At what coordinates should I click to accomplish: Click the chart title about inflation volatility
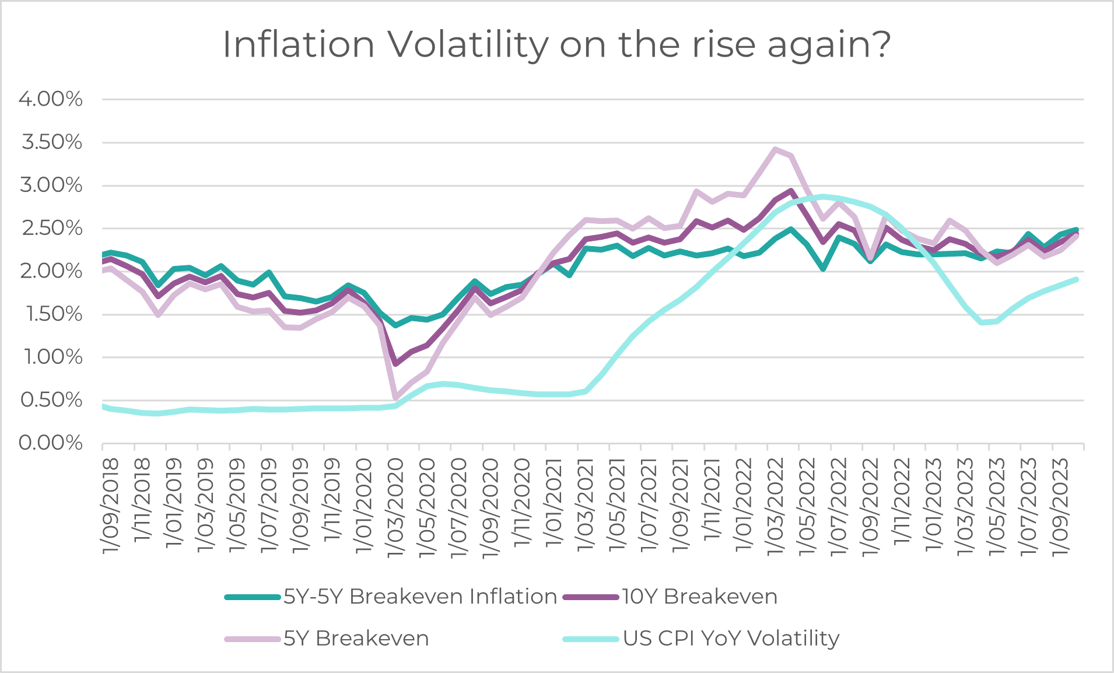pos(557,44)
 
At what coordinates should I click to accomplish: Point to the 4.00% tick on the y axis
pos(51,99)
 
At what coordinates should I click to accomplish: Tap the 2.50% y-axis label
pos(51,228)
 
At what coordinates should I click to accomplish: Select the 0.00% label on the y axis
pos(51,443)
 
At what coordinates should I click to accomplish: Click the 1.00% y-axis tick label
pos(51,357)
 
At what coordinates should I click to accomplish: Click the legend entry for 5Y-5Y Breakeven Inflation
pos(420,597)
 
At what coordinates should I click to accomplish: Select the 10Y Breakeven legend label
pos(699,597)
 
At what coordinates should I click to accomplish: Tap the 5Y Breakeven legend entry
pos(356,639)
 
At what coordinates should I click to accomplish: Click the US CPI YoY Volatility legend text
pos(731,639)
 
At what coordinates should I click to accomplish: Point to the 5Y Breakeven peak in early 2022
pos(775,149)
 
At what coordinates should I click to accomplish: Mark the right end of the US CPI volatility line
pos(1076,280)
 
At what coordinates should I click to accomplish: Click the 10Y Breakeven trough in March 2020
pos(396,364)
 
